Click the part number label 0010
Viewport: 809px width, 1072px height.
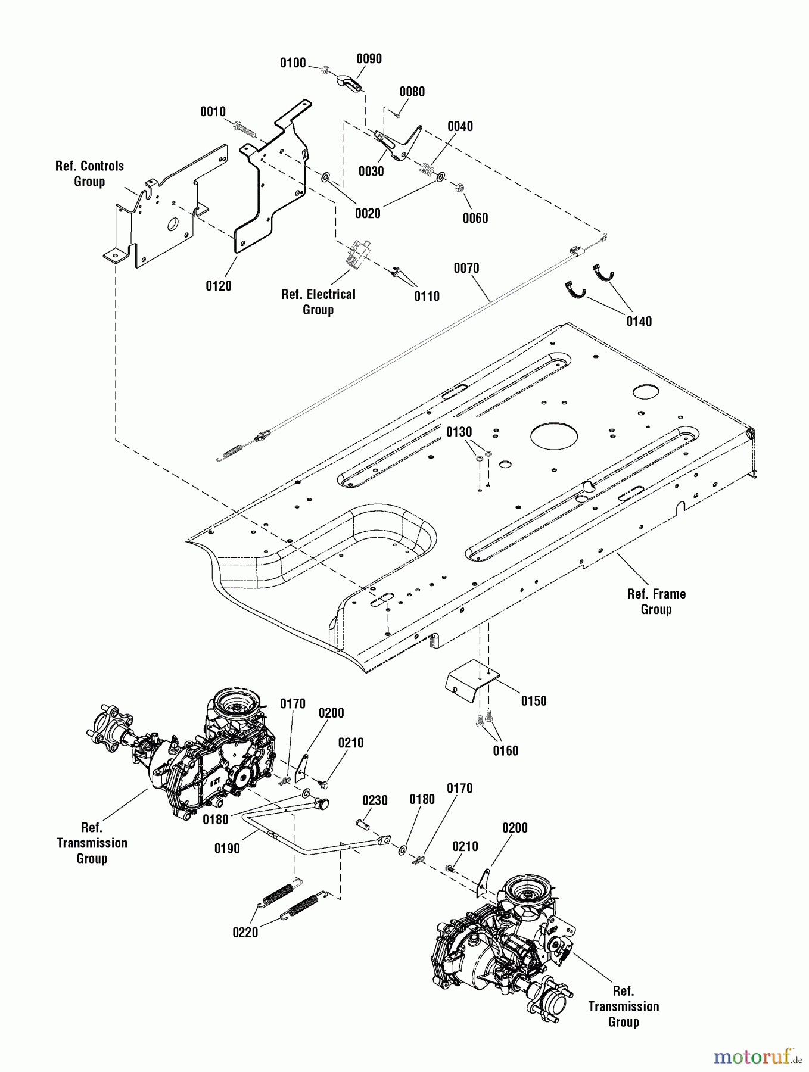213,111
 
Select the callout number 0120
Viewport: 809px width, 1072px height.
219,286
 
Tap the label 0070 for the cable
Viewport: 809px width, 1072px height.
466,268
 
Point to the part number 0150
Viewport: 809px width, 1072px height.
534,700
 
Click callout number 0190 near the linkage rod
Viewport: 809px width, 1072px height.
227,848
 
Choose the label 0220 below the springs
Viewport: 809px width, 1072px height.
245,932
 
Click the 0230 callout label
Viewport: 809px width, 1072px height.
375,800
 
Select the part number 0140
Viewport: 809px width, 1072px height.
639,322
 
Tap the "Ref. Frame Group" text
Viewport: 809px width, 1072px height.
656,602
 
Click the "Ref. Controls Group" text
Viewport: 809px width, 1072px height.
89,174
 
